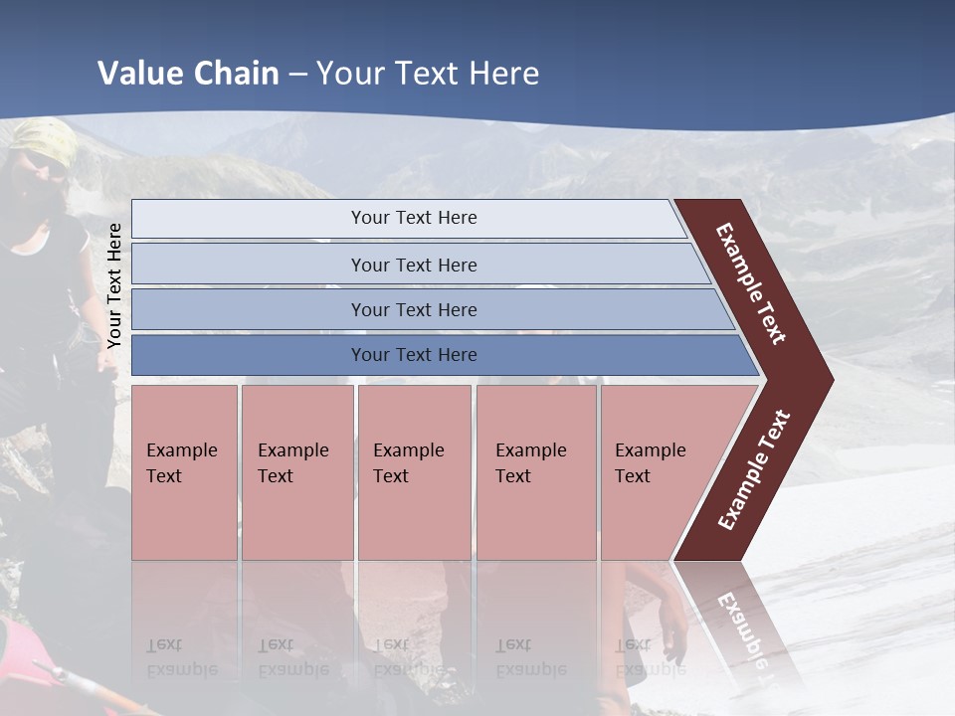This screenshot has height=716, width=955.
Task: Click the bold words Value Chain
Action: click(x=188, y=74)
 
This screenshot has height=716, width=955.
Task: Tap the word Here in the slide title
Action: click(x=503, y=74)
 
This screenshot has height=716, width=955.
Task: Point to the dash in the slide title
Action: click(x=297, y=75)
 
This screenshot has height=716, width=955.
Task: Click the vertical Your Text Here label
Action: click(x=114, y=285)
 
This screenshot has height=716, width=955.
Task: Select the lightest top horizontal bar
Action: click(x=413, y=218)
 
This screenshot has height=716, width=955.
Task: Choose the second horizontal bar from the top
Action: click(x=413, y=265)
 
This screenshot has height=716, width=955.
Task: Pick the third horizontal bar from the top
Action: click(x=413, y=309)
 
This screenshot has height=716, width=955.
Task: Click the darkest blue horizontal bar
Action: click(x=413, y=355)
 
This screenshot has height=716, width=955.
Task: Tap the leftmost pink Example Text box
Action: click(x=184, y=472)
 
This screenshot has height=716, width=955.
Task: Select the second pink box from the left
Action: click(x=296, y=472)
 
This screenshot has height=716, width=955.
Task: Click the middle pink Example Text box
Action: click(x=414, y=472)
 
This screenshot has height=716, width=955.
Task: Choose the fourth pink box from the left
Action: click(x=535, y=472)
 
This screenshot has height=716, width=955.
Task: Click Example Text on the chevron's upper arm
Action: click(x=752, y=283)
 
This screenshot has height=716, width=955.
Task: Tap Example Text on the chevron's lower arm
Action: click(x=754, y=469)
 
